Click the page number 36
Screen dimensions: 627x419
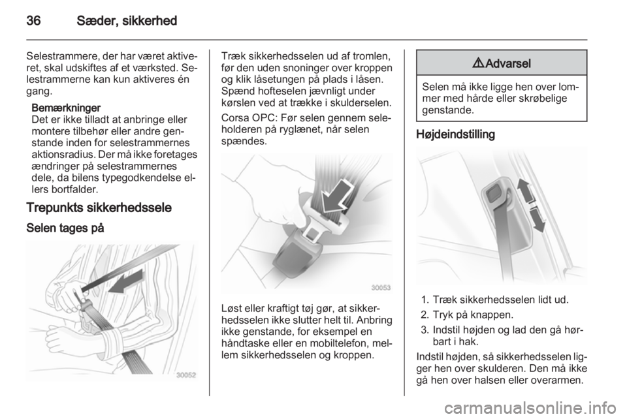pos(33,20)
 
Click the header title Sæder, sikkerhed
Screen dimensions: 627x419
pos(127,20)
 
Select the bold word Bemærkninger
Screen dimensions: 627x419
pos(66,108)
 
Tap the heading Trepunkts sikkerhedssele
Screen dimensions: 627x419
pos(99,208)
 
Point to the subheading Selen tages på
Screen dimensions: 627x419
pos(65,228)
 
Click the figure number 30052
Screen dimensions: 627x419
pos(186,375)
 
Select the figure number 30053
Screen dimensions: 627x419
pos(381,288)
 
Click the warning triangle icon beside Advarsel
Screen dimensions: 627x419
pos(479,63)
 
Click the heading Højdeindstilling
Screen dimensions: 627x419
pos(455,134)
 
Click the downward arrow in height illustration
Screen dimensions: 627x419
pos(537,219)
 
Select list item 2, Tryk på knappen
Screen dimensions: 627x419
pos(466,315)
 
